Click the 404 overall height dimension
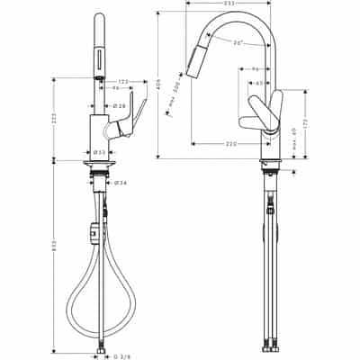pos(158,85)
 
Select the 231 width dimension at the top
pos(229,4)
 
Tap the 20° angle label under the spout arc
pos(237,42)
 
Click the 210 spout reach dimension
pos(230,143)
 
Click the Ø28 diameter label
pos(120,105)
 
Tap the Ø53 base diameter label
pos(101,151)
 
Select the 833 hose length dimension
pos(55,256)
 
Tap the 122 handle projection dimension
pos(121,80)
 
